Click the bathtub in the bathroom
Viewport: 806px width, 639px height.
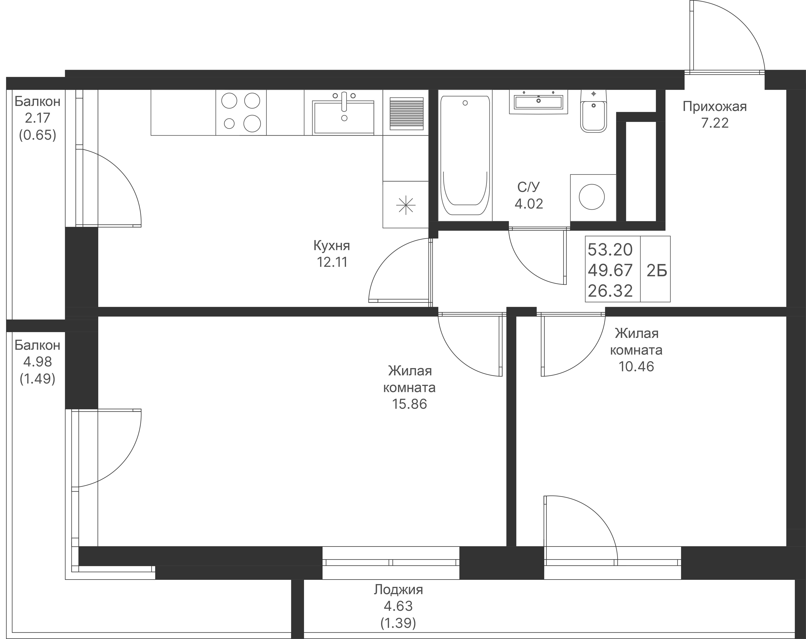pyautogui.click(x=465, y=155)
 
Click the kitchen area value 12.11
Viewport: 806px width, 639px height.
pyautogui.click(x=332, y=262)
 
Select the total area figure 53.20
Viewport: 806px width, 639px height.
pyautogui.click(x=610, y=250)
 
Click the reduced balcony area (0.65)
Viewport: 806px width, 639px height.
pyautogui.click(x=37, y=135)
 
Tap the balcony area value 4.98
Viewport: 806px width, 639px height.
pyautogui.click(x=37, y=362)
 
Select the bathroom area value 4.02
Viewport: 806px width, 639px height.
pyautogui.click(x=529, y=204)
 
